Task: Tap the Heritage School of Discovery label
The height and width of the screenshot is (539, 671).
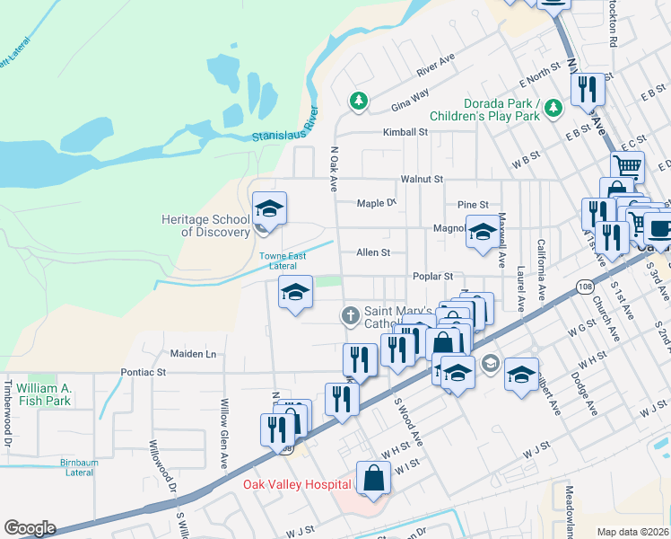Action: click(x=205, y=225)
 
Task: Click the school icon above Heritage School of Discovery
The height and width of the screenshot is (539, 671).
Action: click(x=268, y=209)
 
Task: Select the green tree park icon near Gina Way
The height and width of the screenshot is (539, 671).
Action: click(x=359, y=101)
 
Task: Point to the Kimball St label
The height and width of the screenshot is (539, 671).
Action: click(x=405, y=132)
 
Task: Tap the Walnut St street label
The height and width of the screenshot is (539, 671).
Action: click(x=422, y=180)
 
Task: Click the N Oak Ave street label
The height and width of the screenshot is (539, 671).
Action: click(x=333, y=170)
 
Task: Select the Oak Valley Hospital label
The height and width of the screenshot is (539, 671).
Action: click(x=297, y=485)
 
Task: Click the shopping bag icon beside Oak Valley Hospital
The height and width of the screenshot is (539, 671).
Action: click(x=373, y=479)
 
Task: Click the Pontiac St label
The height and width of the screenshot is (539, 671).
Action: click(x=144, y=371)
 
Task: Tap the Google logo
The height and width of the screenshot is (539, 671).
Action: click(x=30, y=528)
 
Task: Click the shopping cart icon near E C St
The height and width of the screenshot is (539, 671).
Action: click(x=627, y=167)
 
